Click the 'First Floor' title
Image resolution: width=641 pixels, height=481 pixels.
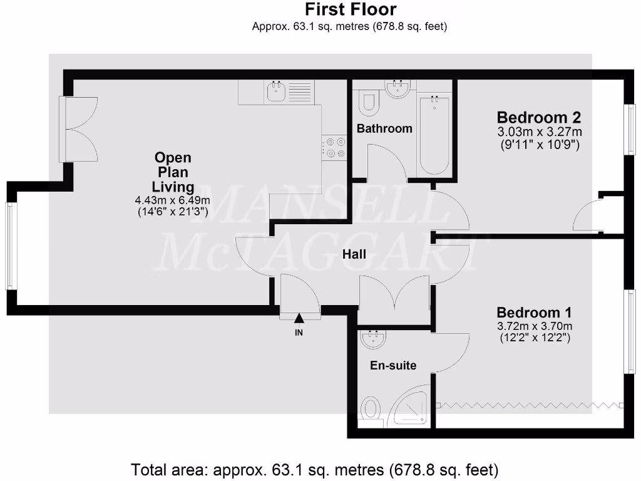click(350, 10)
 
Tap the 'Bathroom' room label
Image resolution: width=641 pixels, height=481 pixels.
click(384, 128)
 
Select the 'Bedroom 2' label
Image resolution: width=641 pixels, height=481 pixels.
click(538, 117)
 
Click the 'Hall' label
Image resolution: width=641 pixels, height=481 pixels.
click(354, 254)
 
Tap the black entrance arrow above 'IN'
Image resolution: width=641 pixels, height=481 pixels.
click(299, 319)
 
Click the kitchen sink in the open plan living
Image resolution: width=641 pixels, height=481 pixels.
click(276, 93)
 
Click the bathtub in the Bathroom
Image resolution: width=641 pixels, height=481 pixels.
click(434, 135)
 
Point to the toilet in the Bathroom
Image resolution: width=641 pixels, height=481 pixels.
click(369, 103)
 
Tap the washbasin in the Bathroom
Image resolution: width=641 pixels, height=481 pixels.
click(398, 90)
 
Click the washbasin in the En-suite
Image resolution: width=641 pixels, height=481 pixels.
click(374, 339)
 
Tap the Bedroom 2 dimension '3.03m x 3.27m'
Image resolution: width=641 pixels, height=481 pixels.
click(539, 132)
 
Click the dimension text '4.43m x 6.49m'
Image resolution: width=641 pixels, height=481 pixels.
click(173, 200)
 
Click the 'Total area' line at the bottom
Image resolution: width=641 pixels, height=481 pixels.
click(314, 468)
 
